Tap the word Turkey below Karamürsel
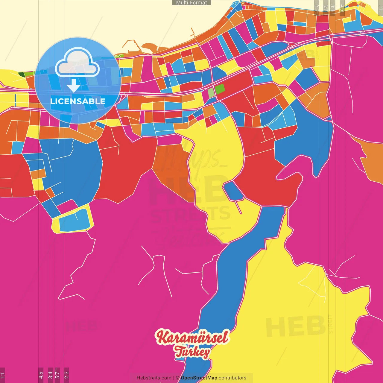192,352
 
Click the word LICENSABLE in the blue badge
77,101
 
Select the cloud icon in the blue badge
77,64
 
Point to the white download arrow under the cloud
74,86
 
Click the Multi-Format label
191,3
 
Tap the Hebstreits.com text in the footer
154,378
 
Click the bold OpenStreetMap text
199,378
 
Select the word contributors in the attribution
232,378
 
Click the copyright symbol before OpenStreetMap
177,378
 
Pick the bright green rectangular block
220,89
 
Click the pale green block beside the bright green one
211,93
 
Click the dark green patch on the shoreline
21,74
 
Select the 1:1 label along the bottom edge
2,375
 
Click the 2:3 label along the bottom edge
66,375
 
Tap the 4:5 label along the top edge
342,8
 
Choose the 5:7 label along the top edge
326,8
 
